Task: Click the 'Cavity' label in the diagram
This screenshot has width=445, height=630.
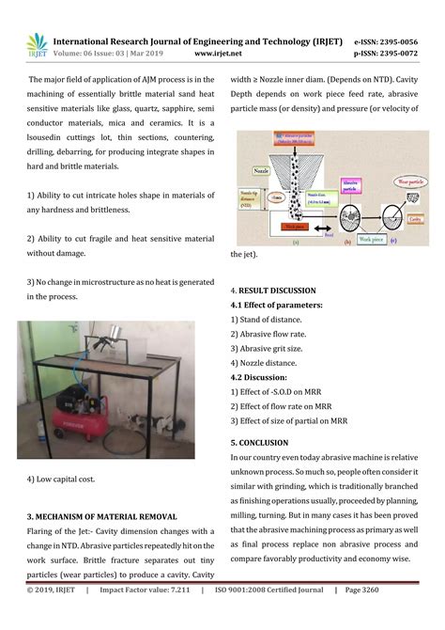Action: [x=412, y=216]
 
